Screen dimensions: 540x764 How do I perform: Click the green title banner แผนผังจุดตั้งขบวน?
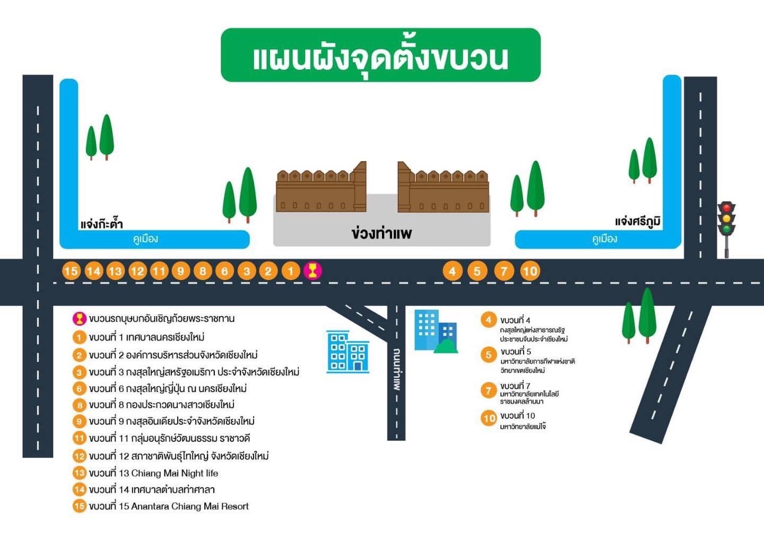tap(380, 55)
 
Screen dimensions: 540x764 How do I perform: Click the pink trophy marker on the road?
tap(312, 271)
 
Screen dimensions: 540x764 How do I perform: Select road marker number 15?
tap(71, 271)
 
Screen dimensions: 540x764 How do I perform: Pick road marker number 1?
tap(290, 271)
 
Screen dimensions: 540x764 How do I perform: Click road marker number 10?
tap(530, 271)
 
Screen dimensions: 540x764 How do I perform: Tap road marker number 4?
tap(452, 271)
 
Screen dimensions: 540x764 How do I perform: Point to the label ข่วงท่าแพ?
tap(381, 233)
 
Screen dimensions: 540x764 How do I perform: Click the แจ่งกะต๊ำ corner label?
tap(101, 224)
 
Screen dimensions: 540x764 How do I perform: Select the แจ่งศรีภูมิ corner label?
tap(638, 221)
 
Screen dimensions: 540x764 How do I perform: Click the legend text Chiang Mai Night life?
tap(175, 473)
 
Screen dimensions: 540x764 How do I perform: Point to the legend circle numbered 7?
tap(489, 390)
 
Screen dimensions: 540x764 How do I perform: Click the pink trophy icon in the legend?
tap(79, 319)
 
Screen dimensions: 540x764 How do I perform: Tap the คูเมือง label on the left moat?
tap(145, 239)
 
